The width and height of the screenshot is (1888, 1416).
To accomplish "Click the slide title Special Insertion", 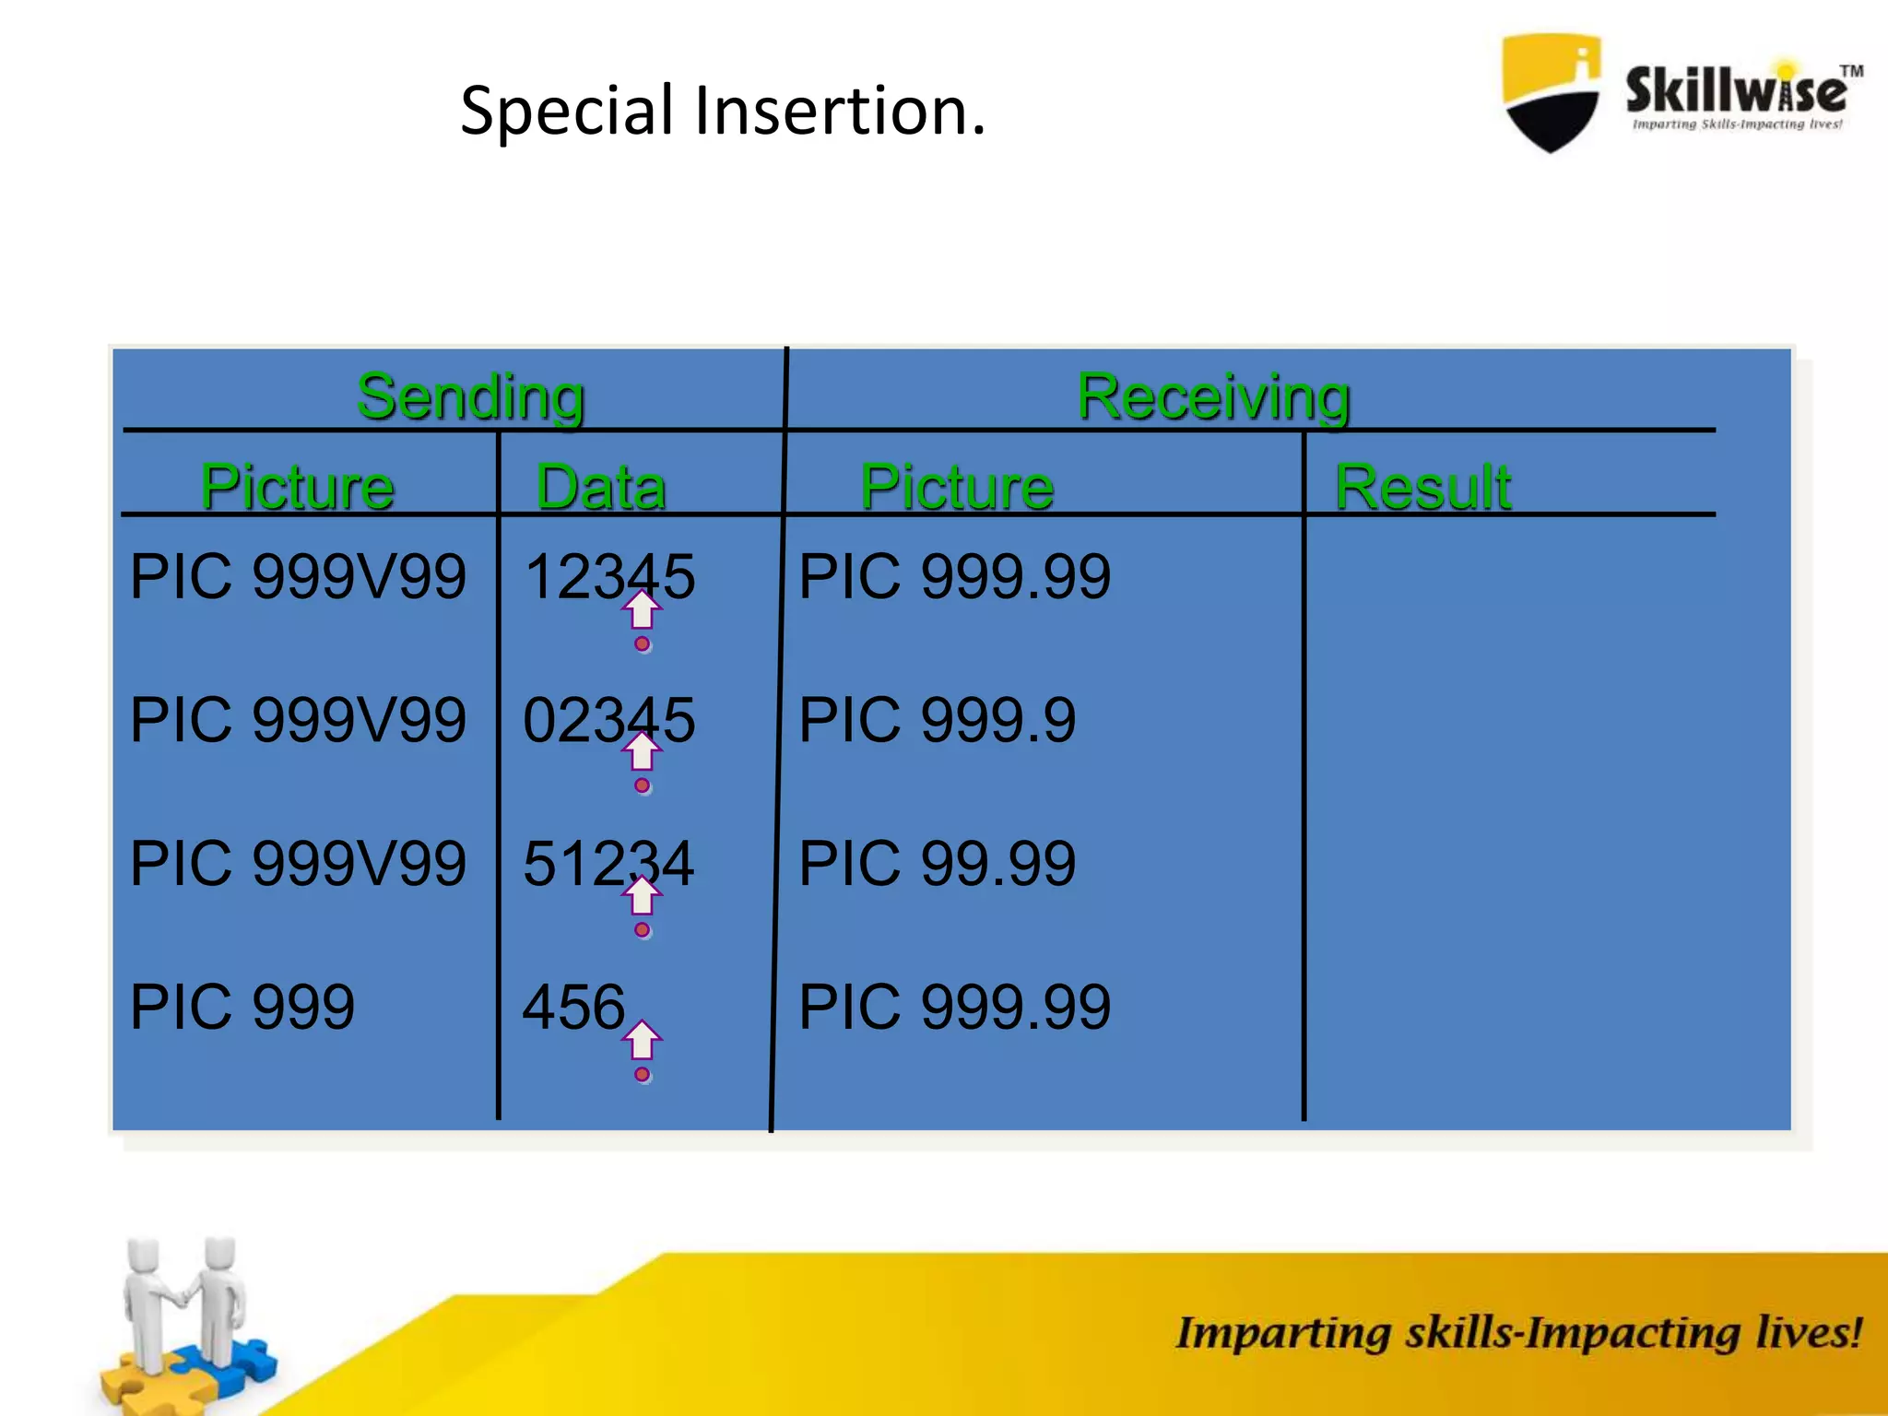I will point(723,111).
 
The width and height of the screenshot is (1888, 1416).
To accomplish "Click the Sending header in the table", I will point(470,396).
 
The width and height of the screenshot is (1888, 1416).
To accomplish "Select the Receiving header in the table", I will point(1213,396).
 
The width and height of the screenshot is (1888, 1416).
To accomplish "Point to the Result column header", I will point(1422,486).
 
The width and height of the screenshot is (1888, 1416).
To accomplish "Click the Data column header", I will point(601,486).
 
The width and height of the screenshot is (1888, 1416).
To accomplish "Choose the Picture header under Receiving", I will point(957,486).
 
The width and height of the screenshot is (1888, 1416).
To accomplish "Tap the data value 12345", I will point(608,576).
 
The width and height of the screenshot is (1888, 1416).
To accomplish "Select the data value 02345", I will point(608,720).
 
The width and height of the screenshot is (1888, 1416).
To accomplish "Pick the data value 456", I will point(573,1007).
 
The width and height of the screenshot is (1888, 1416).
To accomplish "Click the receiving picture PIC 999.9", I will point(937,720).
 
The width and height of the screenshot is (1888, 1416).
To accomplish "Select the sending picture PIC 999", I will point(242,1007).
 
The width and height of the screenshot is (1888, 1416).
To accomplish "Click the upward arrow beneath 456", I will point(643,1041).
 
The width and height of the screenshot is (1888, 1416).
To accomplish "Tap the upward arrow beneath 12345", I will point(643,609).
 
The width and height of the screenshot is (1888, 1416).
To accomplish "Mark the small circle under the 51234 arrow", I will point(643,930).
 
